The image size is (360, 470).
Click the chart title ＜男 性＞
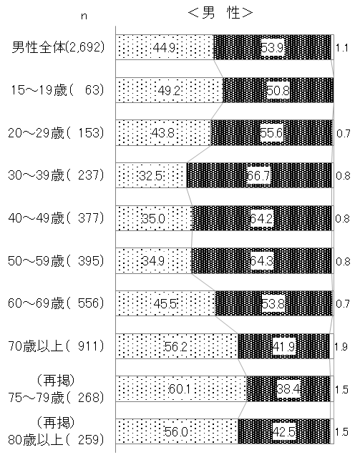pyautogui.click(x=220, y=13)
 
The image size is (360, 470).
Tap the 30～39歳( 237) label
pyautogui.click(x=56, y=175)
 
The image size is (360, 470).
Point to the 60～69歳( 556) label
pyautogui.click(x=56, y=303)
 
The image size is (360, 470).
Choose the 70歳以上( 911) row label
pyautogui.click(x=56, y=346)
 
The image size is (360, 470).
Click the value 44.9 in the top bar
pyautogui.click(x=164, y=47)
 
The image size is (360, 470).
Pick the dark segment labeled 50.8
pyautogui.click(x=278, y=90)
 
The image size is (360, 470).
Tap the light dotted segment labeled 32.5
pyautogui.click(x=151, y=175)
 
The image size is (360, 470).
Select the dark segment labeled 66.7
pyautogui.click(x=259, y=175)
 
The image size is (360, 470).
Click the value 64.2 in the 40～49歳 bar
pyautogui.click(x=262, y=218)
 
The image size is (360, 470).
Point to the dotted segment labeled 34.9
pyautogui.click(x=154, y=261)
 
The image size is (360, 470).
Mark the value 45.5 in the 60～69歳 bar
pyautogui.click(x=165, y=304)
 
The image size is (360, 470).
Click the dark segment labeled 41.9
pyautogui.click(x=284, y=346)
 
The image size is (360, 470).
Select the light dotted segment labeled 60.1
pyautogui.click(x=181, y=388)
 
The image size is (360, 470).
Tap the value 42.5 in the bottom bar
pyautogui.click(x=284, y=432)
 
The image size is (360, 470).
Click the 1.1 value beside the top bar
pyautogui.click(x=342, y=48)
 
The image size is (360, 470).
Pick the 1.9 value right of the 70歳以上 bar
pyautogui.click(x=341, y=347)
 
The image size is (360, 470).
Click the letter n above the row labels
pyautogui.click(x=84, y=16)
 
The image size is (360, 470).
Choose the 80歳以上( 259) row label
pyautogui.click(x=56, y=431)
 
